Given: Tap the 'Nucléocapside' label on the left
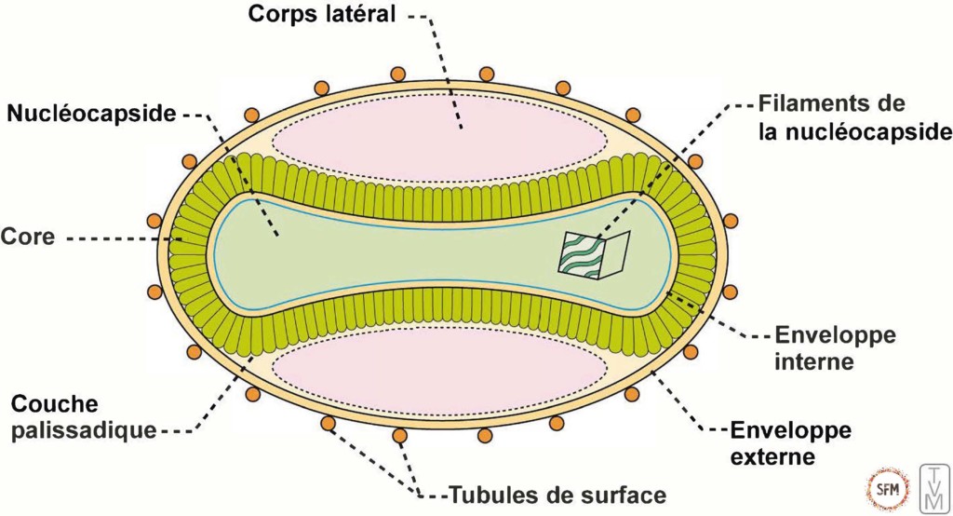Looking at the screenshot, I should pos(91,115).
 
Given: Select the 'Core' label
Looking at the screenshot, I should pos(28,237).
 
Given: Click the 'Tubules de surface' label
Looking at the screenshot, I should pos(557,494).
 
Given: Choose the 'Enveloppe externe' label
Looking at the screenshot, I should pos(790,443).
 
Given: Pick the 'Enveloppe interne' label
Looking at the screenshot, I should pos(834,347).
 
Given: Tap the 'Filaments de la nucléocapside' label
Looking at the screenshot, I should pos(854,117).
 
